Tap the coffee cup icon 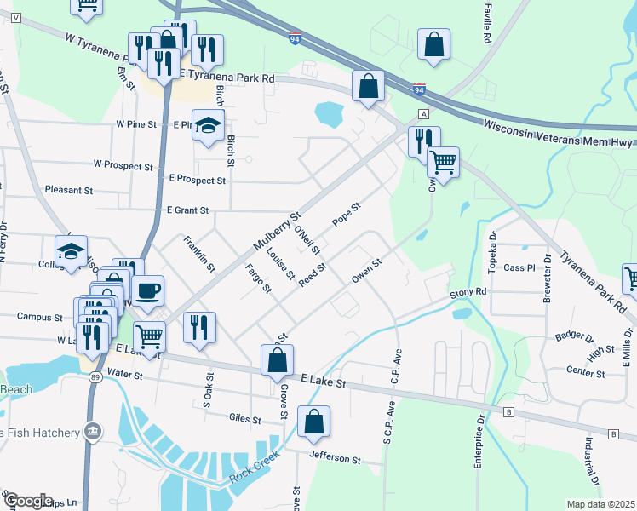tap(149, 290)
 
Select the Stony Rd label tap(468, 291)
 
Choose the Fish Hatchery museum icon tap(93, 433)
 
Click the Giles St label tap(245, 418)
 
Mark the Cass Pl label tap(518, 267)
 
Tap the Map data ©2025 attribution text tap(600, 504)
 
